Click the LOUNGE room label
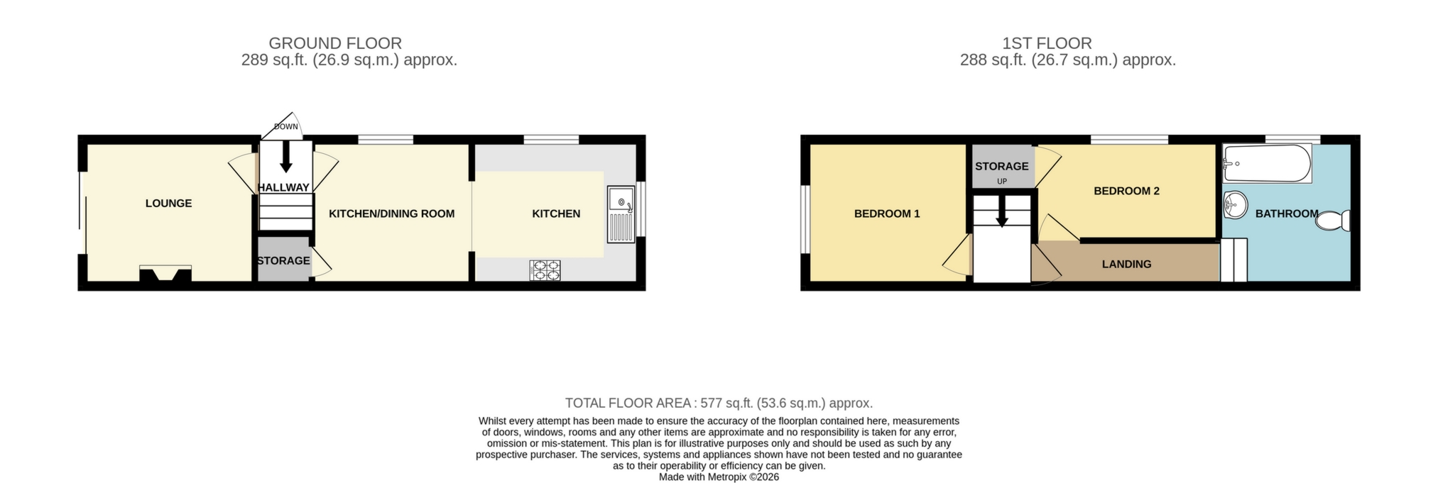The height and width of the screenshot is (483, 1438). pos(168,204)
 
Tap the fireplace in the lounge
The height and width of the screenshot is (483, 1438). pos(165,274)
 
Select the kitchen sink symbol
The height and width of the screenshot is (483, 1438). pos(621,214)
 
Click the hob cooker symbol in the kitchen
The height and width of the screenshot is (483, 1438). pos(545,270)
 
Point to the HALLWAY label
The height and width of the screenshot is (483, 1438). pos(283,188)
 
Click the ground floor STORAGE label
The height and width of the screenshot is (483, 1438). pos(283,261)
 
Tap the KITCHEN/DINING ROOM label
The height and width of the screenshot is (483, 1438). pos(391,213)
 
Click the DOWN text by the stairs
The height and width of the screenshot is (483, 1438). pos(286,127)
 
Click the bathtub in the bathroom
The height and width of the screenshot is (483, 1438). pos(1267,163)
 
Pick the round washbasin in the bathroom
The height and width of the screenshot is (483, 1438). pos(1236,206)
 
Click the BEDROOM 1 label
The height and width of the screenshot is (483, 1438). pos(887,213)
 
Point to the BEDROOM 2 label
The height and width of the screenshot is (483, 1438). pos(1126,191)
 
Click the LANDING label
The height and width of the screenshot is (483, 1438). pos(1126,265)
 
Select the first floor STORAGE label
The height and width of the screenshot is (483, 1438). pos(1001,167)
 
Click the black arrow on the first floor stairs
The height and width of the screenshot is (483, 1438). pos(1001,212)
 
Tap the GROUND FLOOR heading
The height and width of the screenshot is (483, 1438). pos(335,43)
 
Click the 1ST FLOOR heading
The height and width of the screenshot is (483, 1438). pos(1047,43)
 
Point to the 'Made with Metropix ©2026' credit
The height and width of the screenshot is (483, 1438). pos(719,477)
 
